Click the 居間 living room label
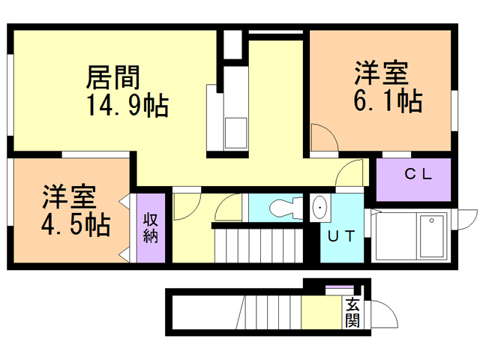113,76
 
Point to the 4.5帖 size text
74,223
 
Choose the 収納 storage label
150,226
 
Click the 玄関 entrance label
353,313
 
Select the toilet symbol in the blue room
282,206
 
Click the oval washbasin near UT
320,206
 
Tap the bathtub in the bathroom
432,234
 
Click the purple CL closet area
412,180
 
